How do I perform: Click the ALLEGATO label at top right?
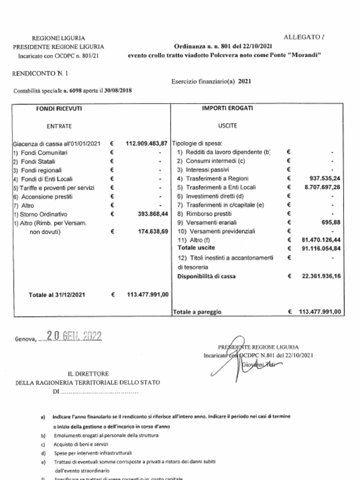(x=304, y=37)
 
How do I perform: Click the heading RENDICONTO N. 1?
(x=36, y=74)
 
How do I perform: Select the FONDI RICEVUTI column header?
(x=59, y=108)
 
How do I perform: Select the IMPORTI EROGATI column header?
(x=227, y=108)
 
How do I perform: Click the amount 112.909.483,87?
(x=147, y=143)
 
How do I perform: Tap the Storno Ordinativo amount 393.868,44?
(x=153, y=214)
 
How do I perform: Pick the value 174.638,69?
(x=153, y=232)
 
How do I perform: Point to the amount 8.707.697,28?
(x=321, y=187)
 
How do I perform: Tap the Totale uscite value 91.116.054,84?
(x=321, y=248)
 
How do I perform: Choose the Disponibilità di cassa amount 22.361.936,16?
(x=321, y=277)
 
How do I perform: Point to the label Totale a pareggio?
(x=196, y=312)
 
